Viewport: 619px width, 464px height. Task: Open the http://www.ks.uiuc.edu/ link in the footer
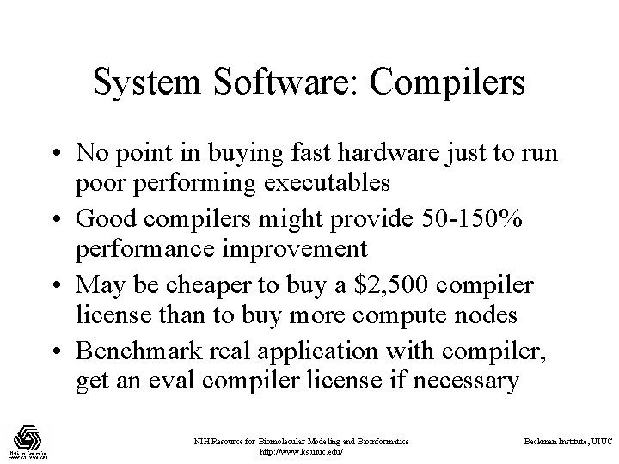(300, 451)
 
